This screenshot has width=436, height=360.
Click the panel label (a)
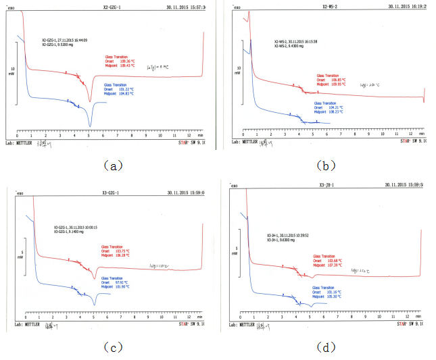[109, 164]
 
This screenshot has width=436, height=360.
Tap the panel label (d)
[327, 347]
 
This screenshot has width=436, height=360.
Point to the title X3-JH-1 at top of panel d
[329, 184]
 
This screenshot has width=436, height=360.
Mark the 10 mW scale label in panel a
[11, 69]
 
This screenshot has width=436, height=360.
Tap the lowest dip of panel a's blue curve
[89, 126]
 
